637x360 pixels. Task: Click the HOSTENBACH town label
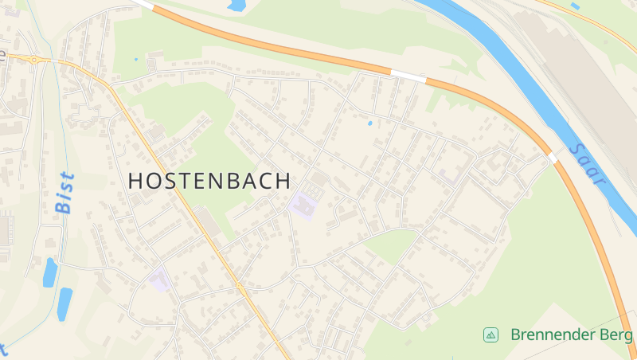pos(209,181)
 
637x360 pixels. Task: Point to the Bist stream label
pos(64,192)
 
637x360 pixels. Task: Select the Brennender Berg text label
pos(571,335)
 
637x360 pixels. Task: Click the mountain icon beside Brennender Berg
pos(491,335)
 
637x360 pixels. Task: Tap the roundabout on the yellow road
pos(34,58)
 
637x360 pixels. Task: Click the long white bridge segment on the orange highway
pos(408,76)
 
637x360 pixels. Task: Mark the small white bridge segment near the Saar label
pos(553,158)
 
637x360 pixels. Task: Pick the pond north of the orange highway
pos(236,6)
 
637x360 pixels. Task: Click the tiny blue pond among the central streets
pos(369,123)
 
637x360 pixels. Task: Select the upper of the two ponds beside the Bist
pos(49,272)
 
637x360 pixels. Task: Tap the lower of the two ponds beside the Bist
pos(64,303)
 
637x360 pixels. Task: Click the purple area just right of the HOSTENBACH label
pos(304,205)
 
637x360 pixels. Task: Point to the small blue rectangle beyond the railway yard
pos(575,6)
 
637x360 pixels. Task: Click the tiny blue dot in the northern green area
pos(136,59)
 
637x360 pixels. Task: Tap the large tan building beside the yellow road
pos(208,222)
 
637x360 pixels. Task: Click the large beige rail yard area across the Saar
pos(589,80)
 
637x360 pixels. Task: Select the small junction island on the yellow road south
pos(239,286)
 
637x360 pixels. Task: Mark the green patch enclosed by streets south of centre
pos(391,246)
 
